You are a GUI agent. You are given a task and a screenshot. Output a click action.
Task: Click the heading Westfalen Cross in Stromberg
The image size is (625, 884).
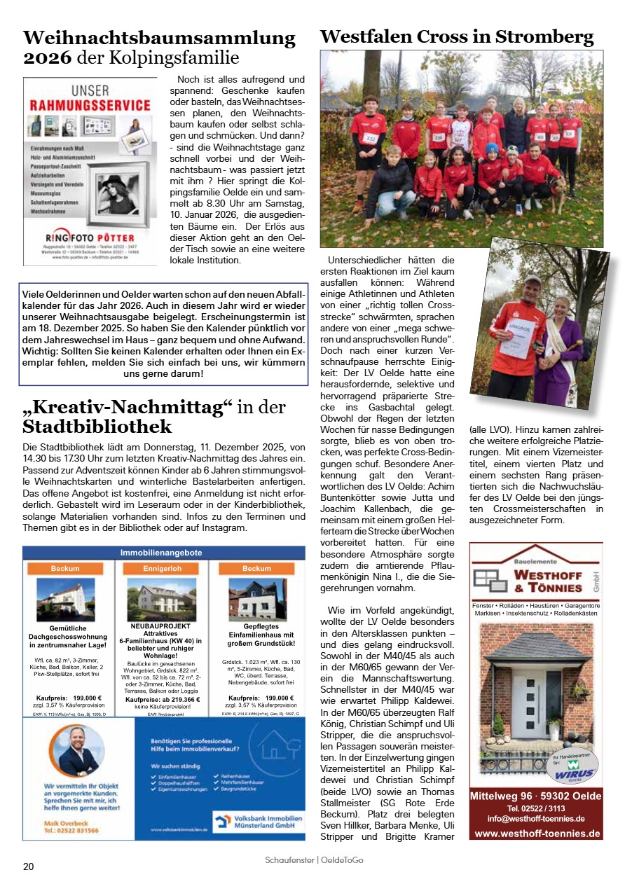(x=457, y=36)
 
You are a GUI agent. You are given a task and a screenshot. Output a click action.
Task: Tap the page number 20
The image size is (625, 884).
(x=28, y=866)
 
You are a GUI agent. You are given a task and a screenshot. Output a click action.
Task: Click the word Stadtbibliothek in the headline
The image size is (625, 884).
(x=97, y=427)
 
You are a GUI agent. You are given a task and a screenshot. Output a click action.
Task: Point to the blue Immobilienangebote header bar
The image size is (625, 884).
(x=164, y=553)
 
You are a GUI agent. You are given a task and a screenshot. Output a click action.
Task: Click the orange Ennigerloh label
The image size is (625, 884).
(x=162, y=568)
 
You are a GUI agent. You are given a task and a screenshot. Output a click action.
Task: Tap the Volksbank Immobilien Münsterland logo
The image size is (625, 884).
(x=258, y=821)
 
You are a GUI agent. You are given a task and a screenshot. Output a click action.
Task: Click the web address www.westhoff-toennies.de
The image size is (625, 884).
(x=537, y=834)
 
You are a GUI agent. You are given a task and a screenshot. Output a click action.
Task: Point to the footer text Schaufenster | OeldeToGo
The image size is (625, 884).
(x=314, y=860)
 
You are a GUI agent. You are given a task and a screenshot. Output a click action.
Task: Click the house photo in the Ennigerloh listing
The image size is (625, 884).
(x=162, y=598)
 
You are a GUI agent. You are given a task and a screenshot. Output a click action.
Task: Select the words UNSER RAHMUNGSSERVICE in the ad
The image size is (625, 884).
(x=90, y=99)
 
